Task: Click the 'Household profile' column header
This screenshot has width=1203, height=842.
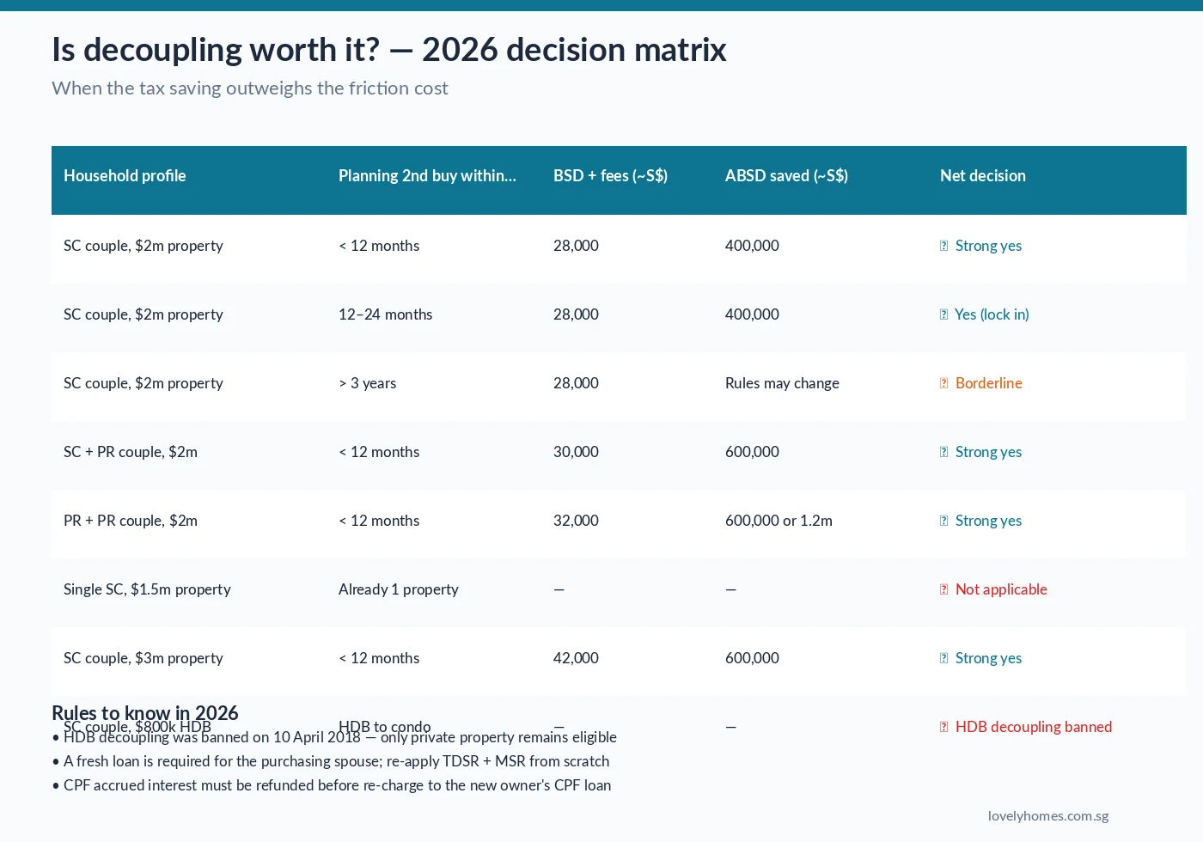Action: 125,176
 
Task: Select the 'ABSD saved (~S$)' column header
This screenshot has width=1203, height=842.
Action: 786,176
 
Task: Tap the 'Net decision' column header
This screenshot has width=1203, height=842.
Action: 982,176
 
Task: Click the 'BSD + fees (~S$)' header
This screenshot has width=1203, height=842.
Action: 610,176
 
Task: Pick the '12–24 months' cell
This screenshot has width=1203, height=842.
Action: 385,314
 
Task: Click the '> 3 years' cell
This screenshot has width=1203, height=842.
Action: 367,383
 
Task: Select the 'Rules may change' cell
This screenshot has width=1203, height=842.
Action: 782,383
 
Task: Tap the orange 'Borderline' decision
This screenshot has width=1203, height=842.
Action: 988,383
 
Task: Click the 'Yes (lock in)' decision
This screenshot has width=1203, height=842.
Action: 991,314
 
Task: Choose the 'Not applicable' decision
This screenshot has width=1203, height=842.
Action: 1000,589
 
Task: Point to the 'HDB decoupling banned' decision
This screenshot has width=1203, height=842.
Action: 1033,727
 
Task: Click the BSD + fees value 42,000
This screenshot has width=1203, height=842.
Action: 576,658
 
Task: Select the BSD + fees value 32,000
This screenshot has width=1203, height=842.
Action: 576,521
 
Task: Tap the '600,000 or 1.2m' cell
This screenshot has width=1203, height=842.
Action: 779,521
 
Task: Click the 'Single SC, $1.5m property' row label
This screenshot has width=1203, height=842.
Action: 147,589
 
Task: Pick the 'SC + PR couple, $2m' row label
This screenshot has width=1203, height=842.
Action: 131,452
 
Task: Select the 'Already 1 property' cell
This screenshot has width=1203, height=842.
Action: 398,589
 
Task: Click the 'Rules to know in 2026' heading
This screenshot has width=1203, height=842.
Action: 144,712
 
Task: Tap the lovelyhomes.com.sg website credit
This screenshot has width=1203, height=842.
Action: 1047,816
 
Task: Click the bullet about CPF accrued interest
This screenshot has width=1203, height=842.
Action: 337,785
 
